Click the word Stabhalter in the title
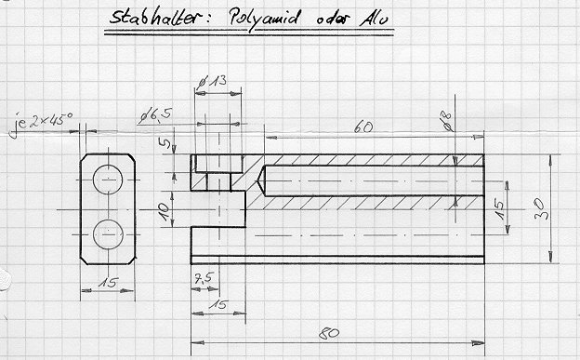pyautogui.click(x=155, y=17)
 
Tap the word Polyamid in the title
pyautogui.click(x=263, y=18)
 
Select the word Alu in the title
pyautogui.click(x=374, y=19)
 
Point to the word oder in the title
pyautogui.click(x=332, y=19)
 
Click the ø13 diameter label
pyautogui.click(x=212, y=82)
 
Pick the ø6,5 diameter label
pyautogui.click(x=156, y=116)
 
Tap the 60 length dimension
pyautogui.click(x=363, y=127)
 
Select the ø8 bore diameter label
pyautogui.click(x=448, y=121)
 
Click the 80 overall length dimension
pyautogui.click(x=329, y=333)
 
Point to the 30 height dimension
pyautogui.click(x=540, y=209)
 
